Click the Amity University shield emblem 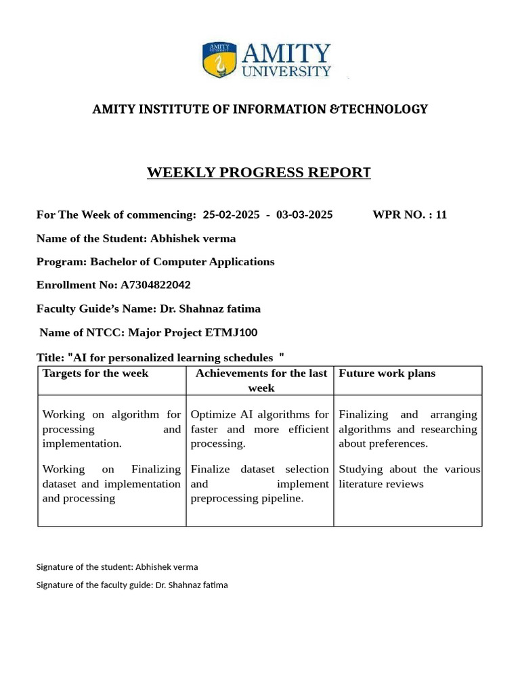(x=217, y=60)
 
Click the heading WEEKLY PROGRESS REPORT (x=259, y=173)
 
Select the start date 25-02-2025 (x=226, y=215)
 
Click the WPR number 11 (x=441, y=215)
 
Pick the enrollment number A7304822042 (x=155, y=285)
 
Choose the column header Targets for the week (x=95, y=374)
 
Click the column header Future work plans (x=387, y=374)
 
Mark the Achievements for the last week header (x=261, y=380)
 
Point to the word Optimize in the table (x=213, y=414)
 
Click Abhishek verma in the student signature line (x=167, y=567)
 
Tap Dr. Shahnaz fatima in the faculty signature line (x=192, y=585)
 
